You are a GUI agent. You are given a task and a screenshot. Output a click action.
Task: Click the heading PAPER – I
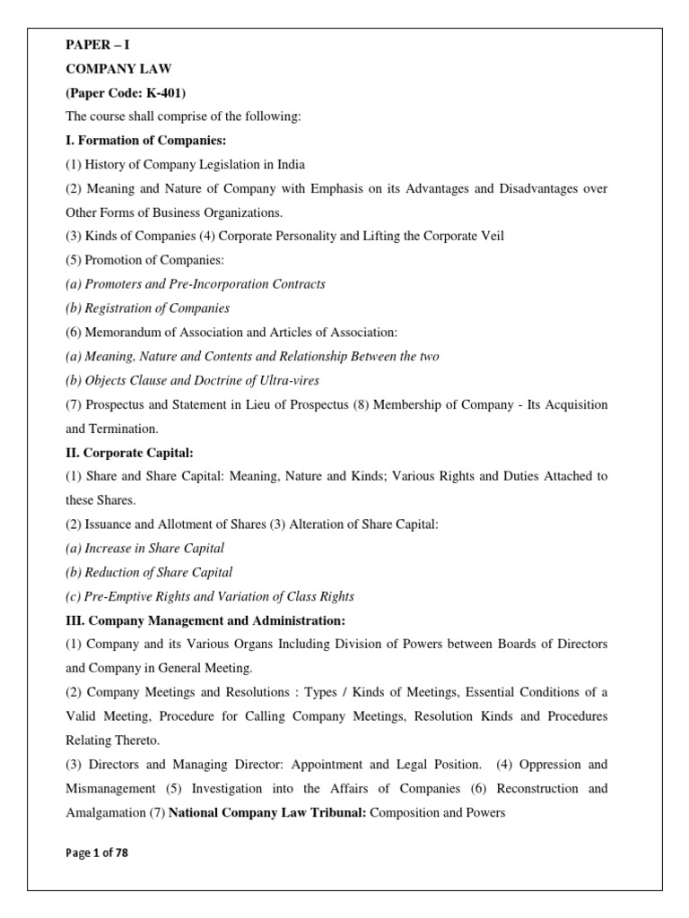(99, 44)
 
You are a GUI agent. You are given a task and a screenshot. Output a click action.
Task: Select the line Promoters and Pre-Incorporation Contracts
(196, 284)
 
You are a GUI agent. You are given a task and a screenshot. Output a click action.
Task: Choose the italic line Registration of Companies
(147, 308)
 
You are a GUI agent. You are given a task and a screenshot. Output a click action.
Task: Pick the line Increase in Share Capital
(144, 548)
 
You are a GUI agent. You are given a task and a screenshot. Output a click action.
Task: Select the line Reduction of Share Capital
(149, 572)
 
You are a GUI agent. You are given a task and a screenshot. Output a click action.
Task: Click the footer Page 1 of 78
(97, 853)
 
